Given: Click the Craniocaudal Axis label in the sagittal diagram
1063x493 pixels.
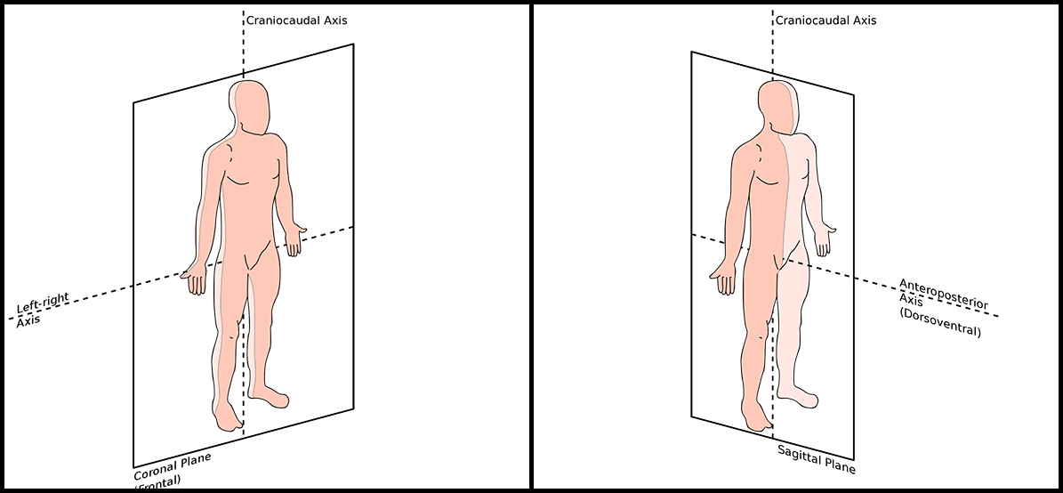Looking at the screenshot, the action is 825,20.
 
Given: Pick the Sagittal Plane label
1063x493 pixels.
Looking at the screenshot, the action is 816,458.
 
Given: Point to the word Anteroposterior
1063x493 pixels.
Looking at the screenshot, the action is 944,293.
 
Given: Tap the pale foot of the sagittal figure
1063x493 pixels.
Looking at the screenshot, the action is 800,395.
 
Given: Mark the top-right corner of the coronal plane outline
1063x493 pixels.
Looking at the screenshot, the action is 353,44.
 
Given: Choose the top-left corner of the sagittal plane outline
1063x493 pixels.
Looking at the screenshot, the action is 692,52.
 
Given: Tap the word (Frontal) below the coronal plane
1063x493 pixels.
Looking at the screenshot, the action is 157,483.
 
